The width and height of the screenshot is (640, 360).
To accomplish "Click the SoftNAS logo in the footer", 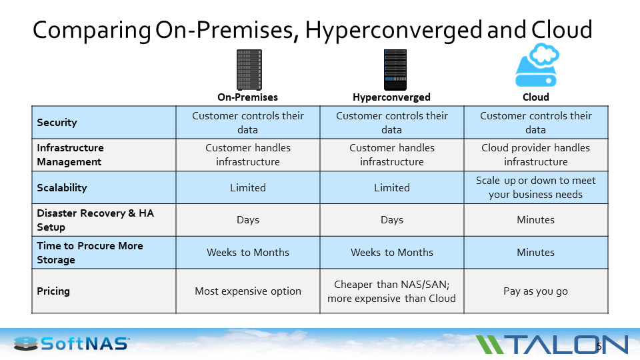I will [72, 344].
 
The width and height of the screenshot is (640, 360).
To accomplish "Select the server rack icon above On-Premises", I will [249, 69].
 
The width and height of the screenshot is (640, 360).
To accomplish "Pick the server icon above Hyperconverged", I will [394, 69].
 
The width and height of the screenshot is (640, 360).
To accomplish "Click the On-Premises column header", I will [247, 97].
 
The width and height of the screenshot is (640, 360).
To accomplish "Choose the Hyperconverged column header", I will [391, 97].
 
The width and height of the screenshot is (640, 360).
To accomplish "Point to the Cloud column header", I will [535, 97].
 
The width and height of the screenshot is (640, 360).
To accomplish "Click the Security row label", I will [57, 123].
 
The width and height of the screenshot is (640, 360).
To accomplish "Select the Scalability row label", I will [62, 188].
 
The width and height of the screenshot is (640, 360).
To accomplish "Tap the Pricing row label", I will [53, 291].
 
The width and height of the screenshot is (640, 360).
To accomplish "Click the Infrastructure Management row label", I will [70, 155].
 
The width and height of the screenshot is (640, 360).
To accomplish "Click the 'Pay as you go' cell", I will [535, 291].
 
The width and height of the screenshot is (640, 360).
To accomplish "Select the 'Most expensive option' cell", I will [247, 291].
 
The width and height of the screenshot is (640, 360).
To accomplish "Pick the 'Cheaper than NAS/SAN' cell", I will [391, 291].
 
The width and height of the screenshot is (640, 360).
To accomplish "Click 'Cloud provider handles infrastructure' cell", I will [535, 155].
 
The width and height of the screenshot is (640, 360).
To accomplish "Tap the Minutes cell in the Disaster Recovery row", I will [535, 220].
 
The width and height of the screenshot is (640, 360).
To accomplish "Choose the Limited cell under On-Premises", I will [247, 188].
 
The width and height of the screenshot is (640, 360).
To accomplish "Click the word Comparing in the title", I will [92, 30].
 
